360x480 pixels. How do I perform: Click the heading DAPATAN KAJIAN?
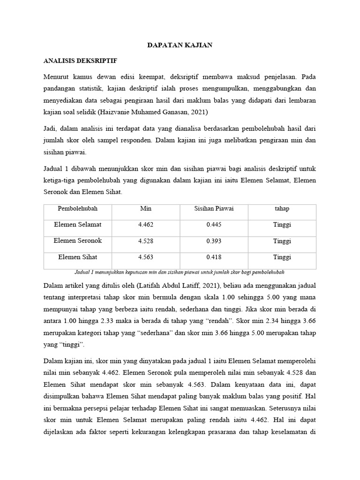pyautogui.click(x=180, y=45)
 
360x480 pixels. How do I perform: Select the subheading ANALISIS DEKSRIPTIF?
pyautogui.click(x=80, y=61)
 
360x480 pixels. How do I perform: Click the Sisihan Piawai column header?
pyautogui.click(x=214, y=209)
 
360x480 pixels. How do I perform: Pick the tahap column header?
pyautogui.click(x=282, y=209)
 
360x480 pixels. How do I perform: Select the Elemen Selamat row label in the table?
pyautogui.click(x=78, y=225)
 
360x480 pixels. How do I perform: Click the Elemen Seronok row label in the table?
pyautogui.click(x=78, y=241)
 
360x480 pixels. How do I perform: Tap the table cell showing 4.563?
pyautogui.click(x=146, y=257)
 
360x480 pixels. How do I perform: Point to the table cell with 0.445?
pyautogui.click(x=214, y=225)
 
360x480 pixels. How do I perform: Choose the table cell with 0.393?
pyautogui.click(x=214, y=241)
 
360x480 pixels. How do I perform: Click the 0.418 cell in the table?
pyautogui.click(x=214, y=257)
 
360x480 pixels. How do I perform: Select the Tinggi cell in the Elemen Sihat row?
pyautogui.click(x=282, y=257)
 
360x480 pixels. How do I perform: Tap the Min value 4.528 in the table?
pyautogui.click(x=146, y=241)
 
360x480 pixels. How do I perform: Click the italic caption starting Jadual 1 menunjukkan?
pyautogui.click(x=180, y=272)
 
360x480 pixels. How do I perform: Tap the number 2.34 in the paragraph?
pyautogui.click(x=274, y=322)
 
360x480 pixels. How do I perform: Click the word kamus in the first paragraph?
pyautogui.click(x=86, y=76)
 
